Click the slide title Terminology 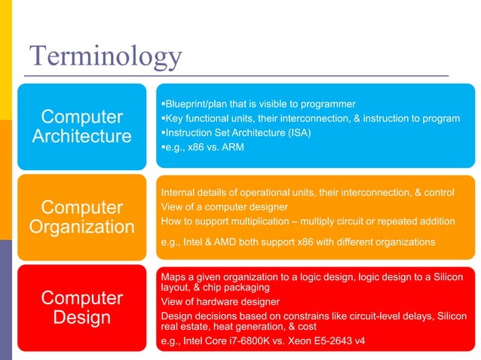105,56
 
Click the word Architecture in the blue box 81,136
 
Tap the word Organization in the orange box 81,227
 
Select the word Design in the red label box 81,317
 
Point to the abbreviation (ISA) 296,133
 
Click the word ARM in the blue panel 231,147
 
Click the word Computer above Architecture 81,117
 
